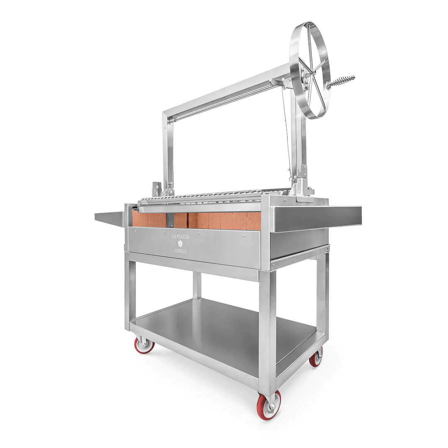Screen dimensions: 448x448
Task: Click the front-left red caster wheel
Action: pyautogui.click(x=144, y=345)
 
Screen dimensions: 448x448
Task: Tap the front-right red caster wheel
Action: pyautogui.click(x=269, y=405)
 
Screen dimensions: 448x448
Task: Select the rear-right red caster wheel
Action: pyautogui.click(x=316, y=357)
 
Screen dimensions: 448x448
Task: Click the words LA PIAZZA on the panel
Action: pyautogui.click(x=180, y=236)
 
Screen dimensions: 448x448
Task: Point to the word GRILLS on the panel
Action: pyautogui.click(x=180, y=251)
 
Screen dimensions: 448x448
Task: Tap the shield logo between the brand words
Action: pyautogui.click(x=180, y=244)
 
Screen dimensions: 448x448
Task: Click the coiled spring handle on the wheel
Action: pyautogui.click(x=341, y=81)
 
